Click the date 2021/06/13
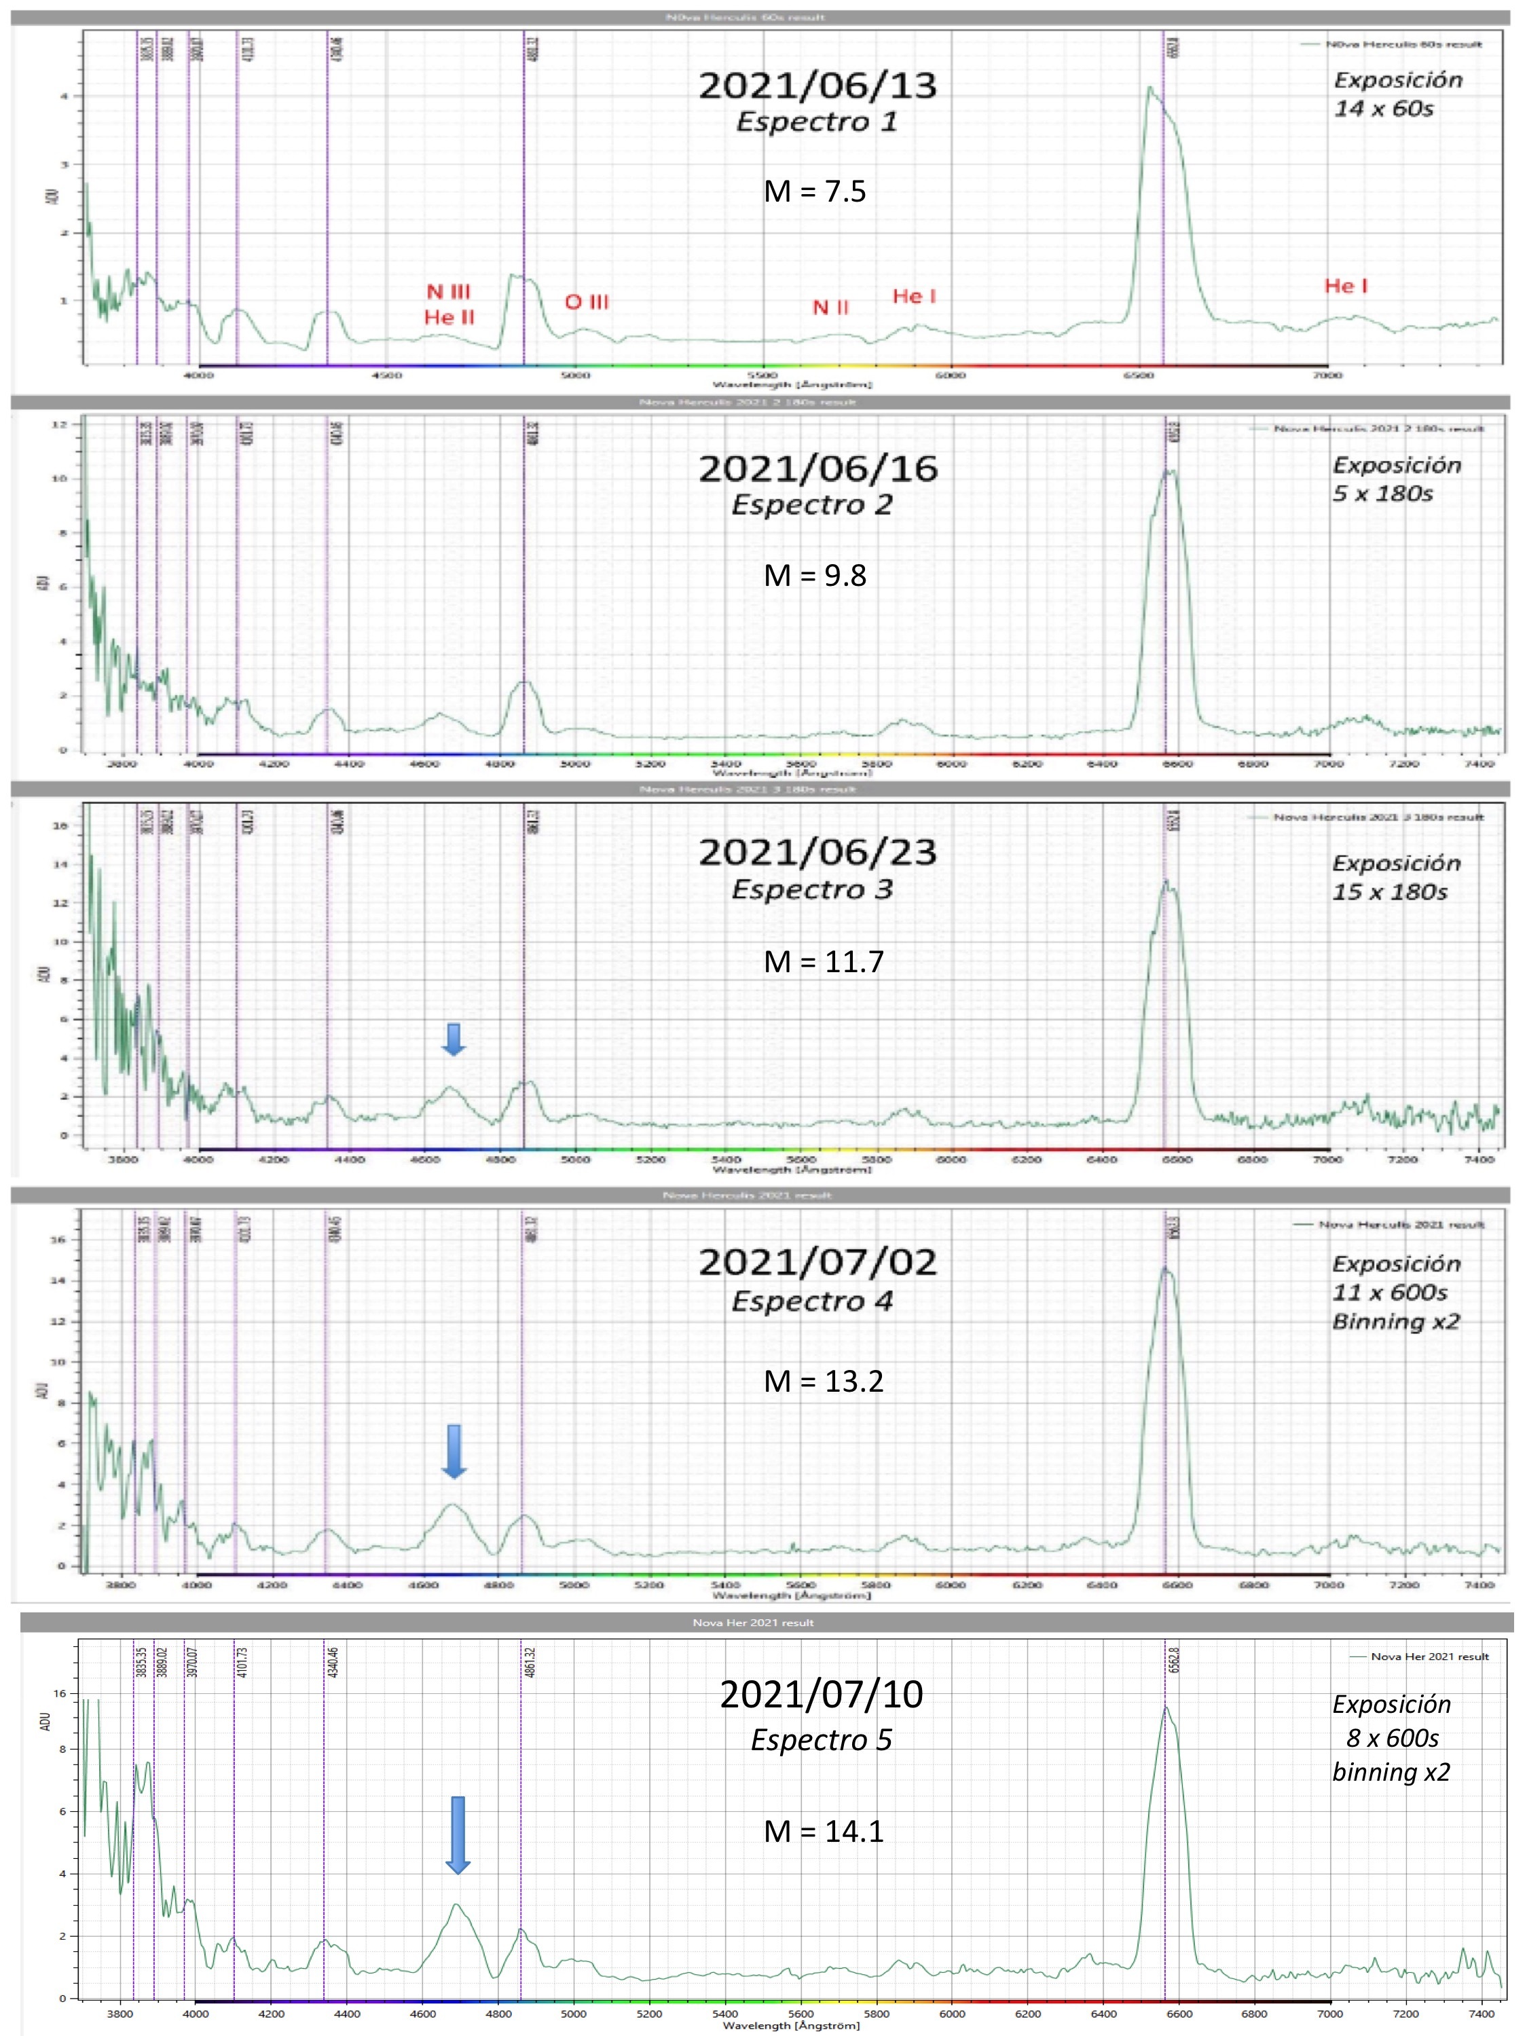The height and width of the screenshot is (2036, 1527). click(817, 86)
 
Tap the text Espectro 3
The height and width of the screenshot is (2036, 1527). click(812, 889)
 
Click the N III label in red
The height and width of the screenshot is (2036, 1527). click(448, 292)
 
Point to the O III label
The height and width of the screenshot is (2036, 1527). click(587, 302)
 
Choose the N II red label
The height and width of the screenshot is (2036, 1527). click(830, 308)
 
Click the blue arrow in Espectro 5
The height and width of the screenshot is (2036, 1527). click(458, 1834)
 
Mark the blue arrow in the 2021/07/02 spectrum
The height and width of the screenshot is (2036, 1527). click(454, 1451)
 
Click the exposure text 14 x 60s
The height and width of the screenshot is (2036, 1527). click(1384, 109)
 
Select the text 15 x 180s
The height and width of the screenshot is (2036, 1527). click(1390, 892)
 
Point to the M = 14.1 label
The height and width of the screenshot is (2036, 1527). click(823, 1831)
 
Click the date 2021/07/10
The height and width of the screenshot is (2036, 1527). click(821, 1695)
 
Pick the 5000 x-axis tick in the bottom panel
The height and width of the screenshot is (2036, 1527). click(574, 2013)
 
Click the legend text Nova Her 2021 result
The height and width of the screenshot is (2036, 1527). click(1429, 1656)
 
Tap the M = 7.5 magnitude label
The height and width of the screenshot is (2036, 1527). click(815, 191)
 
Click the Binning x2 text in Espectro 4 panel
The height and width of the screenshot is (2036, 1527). click(1395, 1322)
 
